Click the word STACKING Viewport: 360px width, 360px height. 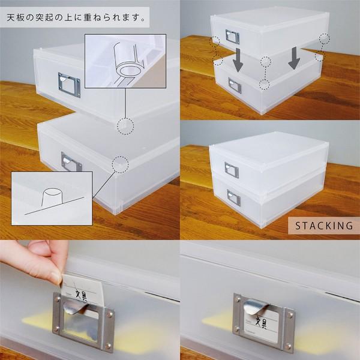point(324,226)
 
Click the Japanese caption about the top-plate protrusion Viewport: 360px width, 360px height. point(76,17)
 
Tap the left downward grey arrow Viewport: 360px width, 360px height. point(238,59)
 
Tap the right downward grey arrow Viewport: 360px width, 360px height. point(294,58)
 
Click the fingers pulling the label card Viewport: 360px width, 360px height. point(37,259)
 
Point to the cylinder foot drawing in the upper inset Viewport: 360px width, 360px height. point(128,62)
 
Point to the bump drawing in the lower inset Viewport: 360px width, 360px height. point(52,197)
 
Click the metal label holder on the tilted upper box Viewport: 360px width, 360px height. point(70,85)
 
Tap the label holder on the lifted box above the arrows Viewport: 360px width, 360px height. point(232,37)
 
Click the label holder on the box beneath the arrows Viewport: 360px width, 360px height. point(235,85)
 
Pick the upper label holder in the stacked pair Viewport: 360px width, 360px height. point(232,170)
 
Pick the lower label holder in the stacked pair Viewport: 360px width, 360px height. point(234,197)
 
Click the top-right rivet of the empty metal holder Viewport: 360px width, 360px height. point(111,314)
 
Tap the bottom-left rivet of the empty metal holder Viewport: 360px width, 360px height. point(56,329)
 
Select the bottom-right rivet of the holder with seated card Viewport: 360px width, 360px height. point(289,346)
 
